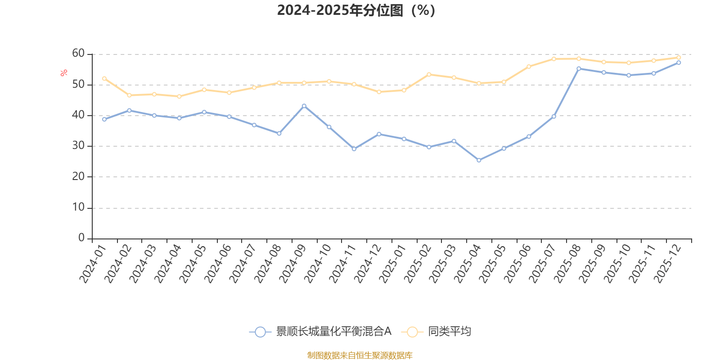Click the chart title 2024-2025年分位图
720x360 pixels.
point(355,10)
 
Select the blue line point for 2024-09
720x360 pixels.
point(304,106)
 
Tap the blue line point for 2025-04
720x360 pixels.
point(479,160)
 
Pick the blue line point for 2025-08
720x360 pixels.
point(579,68)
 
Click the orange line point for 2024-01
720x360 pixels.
point(104,78)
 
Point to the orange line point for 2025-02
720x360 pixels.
point(429,74)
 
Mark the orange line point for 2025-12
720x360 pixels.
point(679,58)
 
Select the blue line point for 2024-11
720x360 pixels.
point(354,149)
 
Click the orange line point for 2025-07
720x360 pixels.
point(553,59)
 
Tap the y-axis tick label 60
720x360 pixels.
point(78,54)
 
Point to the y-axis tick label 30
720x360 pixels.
point(78,146)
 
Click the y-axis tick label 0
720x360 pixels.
point(81,238)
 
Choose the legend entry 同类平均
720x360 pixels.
point(449,332)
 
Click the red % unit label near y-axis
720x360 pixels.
point(64,73)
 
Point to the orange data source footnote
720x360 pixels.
point(360,355)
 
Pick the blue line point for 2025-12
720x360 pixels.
point(679,63)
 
